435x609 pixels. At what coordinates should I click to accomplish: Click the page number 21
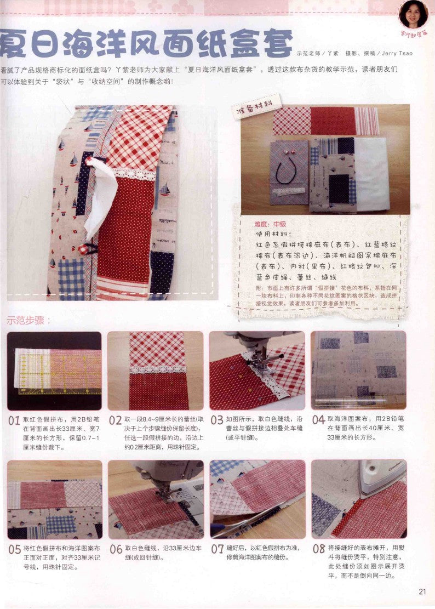(x=422, y=591)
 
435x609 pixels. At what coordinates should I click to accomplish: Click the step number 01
(x=15, y=421)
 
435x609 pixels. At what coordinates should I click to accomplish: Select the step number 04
(x=318, y=421)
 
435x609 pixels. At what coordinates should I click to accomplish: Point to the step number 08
(x=318, y=549)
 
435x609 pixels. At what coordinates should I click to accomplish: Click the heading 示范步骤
(x=28, y=321)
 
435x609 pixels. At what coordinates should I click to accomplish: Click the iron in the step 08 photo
(x=381, y=475)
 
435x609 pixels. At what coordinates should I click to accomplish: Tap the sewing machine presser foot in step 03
(x=257, y=356)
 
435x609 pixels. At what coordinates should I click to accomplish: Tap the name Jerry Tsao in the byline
(x=394, y=53)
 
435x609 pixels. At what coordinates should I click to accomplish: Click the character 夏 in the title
(x=15, y=45)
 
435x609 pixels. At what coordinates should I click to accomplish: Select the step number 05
(x=15, y=549)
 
